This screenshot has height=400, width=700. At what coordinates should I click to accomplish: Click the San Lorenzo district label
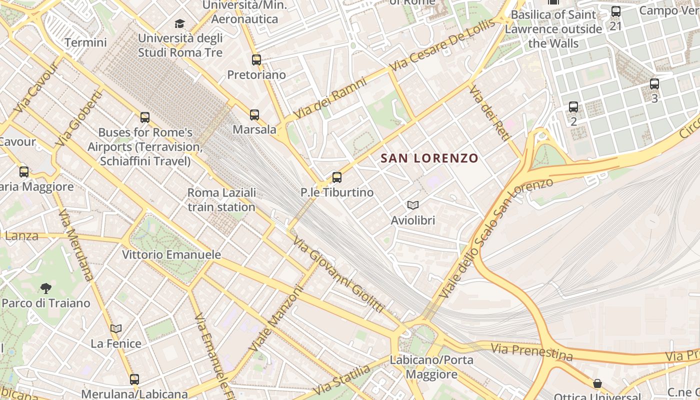429,158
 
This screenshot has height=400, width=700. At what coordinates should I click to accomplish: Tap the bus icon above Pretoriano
256,60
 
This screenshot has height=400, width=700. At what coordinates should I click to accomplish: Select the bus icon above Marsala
254,115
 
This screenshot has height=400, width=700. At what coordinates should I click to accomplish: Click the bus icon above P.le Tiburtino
337,177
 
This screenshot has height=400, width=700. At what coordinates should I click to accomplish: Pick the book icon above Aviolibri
412,205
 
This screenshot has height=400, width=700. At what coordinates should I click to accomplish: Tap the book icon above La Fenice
116,328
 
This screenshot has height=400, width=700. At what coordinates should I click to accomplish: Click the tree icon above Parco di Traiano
45,288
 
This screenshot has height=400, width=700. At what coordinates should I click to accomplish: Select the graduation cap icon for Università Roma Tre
179,23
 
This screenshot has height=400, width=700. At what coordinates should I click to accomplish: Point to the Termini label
85,42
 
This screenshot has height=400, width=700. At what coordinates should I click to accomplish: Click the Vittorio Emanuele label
171,254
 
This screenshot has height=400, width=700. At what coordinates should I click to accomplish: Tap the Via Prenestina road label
531,351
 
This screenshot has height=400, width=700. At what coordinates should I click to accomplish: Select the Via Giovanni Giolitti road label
338,275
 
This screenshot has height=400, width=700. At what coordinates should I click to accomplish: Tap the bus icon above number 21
615,11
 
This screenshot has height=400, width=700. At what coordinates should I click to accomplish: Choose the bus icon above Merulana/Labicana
134,379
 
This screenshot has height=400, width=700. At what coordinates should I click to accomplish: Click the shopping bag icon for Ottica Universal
597,383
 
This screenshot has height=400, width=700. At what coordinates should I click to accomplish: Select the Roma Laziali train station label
221,199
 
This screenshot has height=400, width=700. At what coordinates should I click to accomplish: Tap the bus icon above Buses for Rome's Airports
145,117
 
